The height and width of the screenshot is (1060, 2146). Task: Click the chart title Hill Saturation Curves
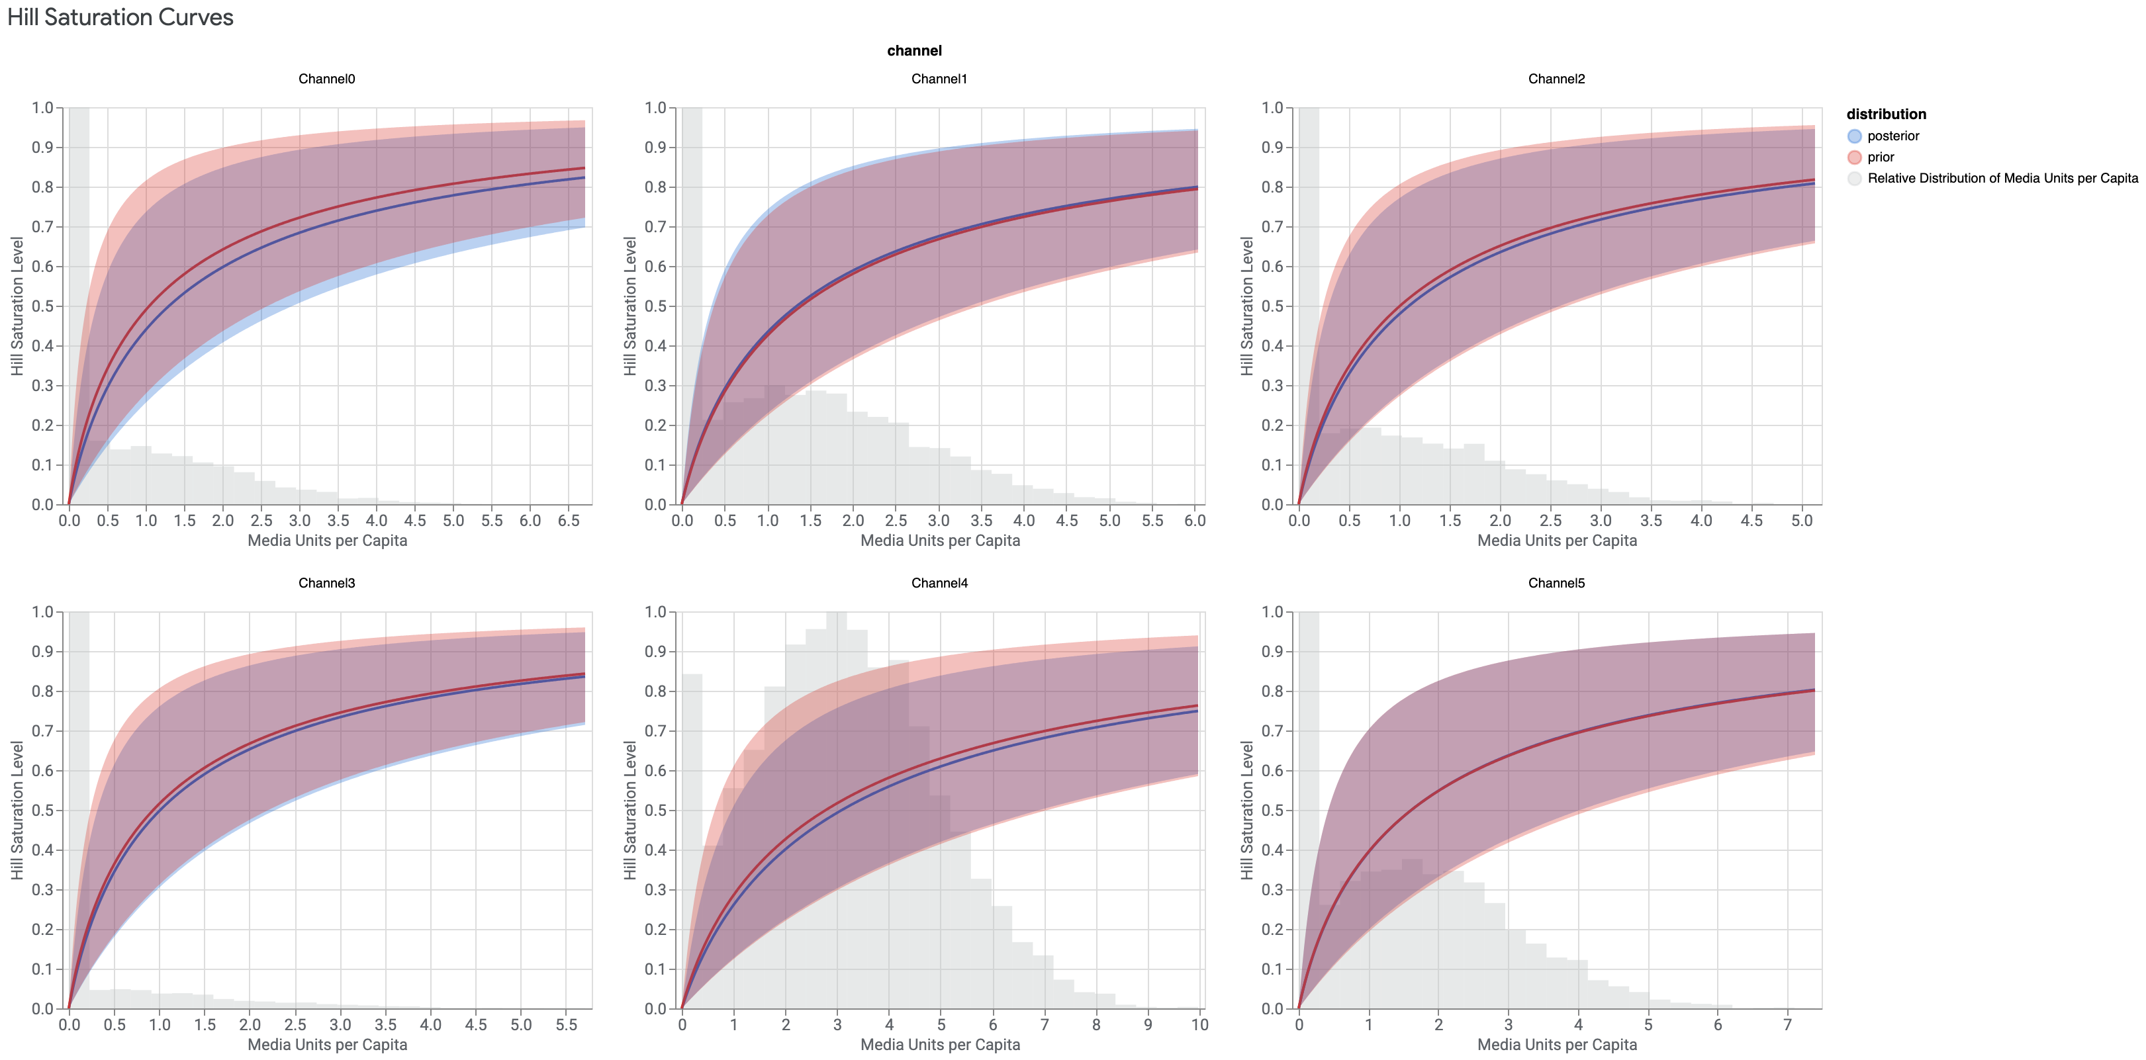coord(120,17)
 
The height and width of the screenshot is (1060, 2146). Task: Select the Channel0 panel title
coord(326,79)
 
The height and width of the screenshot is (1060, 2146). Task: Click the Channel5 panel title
coord(1556,583)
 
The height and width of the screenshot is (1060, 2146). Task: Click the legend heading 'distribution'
coord(1885,114)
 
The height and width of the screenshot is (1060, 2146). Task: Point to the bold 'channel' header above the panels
coord(914,51)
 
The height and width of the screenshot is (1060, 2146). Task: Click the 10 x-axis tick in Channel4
coord(1199,1024)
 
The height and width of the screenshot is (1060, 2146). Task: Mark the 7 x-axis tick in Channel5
coord(1787,1024)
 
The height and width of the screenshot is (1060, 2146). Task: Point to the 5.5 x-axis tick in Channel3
coord(566,1024)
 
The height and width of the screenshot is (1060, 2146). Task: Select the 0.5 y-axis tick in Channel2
coord(1272,306)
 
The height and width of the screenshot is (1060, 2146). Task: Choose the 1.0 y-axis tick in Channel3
coord(42,612)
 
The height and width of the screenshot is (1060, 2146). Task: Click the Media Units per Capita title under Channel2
coord(1556,541)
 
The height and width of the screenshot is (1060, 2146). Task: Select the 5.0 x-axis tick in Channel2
coord(1801,521)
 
